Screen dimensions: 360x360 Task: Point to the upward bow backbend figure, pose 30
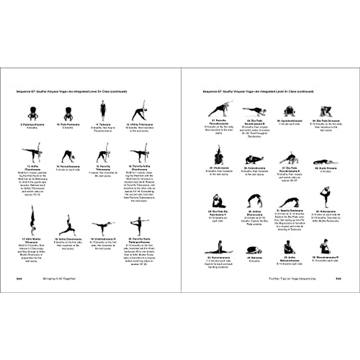[x=255, y=201]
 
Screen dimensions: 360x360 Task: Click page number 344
[x=19, y=279]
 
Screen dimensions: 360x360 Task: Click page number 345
[x=338, y=279]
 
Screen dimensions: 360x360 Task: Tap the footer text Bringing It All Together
[x=59, y=279]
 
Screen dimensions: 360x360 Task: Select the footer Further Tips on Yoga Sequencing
[x=292, y=279]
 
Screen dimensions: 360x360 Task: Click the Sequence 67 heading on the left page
[x=72, y=91]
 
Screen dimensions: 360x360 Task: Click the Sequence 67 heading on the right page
[x=258, y=91]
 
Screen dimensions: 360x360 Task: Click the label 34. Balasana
[x=254, y=258]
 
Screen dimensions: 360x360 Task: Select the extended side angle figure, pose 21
[x=220, y=109]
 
